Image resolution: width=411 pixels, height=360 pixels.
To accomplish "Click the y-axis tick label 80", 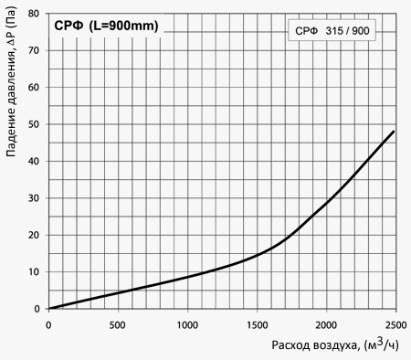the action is coord(34,14).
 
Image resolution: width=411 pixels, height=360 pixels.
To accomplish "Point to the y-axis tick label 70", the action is coord(34,50).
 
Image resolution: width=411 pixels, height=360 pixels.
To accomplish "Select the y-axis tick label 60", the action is coord(34,87).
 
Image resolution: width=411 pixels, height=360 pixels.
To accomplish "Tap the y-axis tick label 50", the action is coord(34,124).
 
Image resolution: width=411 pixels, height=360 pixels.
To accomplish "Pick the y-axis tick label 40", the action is coord(34,161).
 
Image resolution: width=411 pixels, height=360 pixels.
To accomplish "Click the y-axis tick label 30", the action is coord(34,198).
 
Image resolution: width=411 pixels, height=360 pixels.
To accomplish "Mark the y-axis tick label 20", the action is coord(34,235).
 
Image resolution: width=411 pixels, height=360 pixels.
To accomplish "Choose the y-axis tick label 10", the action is coord(34,272).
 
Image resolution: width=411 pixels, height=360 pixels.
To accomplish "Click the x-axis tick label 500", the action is coord(118,325).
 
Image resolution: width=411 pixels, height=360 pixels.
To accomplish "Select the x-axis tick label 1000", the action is coord(187,325).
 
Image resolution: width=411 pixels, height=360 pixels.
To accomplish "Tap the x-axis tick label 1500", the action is coord(257,325).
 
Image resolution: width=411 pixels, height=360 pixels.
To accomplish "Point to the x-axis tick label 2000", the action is coord(326,325).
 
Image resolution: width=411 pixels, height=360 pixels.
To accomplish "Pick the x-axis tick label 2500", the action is coord(395,325).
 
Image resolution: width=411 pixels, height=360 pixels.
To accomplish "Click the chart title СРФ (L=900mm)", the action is coord(106,26).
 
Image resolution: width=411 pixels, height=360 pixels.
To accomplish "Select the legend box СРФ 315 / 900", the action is coord(332,30).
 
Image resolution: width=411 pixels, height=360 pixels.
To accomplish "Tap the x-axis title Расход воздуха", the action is coord(315,345).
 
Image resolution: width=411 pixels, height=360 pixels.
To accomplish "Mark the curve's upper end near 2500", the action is coord(394,132).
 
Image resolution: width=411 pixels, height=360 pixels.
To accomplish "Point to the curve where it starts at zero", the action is coord(49,309).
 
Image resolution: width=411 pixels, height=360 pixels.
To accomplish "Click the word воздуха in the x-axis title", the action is coord(336,346).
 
